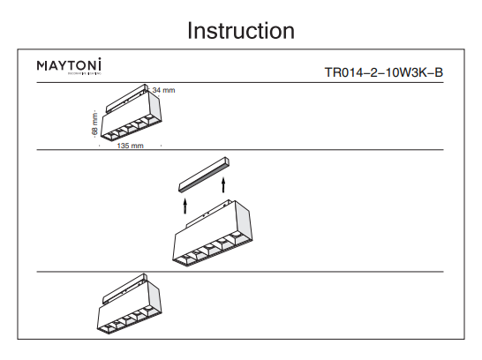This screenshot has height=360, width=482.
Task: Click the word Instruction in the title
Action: pyautogui.click(x=240, y=31)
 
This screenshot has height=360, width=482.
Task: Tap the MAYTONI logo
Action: pyautogui.click(x=69, y=65)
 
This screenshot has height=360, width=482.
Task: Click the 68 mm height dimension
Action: pyautogui.click(x=94, y=124)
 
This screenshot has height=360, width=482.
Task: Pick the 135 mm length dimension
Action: pyautogui.click(x=129, y=146)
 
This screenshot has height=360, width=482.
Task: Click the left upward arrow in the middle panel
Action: pyautogui.click(x=185, y=206)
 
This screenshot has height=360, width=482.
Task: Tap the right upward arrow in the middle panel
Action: pyautogui.click(x=224, y=184)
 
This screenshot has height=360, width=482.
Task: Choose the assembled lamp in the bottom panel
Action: pyautogui.click(x=129, y=306)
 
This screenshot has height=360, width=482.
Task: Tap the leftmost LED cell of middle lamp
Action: pyautogui.click(x=185, y=257)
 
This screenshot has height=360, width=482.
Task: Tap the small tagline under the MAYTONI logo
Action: pyautogui.click(x=69, y=75)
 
